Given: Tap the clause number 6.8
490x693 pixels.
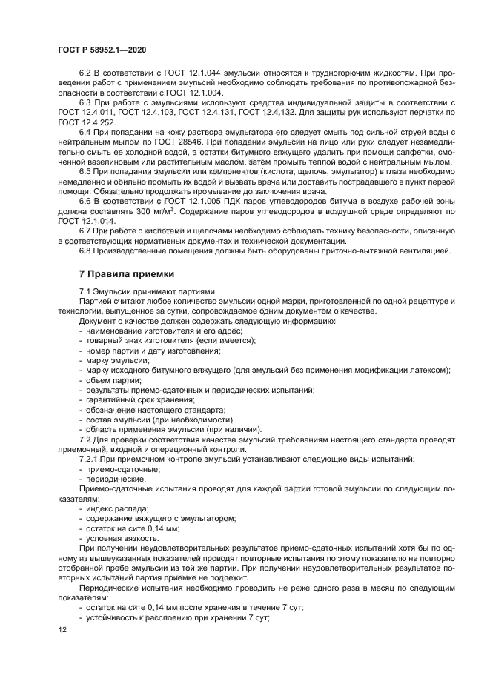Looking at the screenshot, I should [85, 251].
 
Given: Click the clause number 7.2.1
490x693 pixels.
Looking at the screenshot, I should [90, 460].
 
